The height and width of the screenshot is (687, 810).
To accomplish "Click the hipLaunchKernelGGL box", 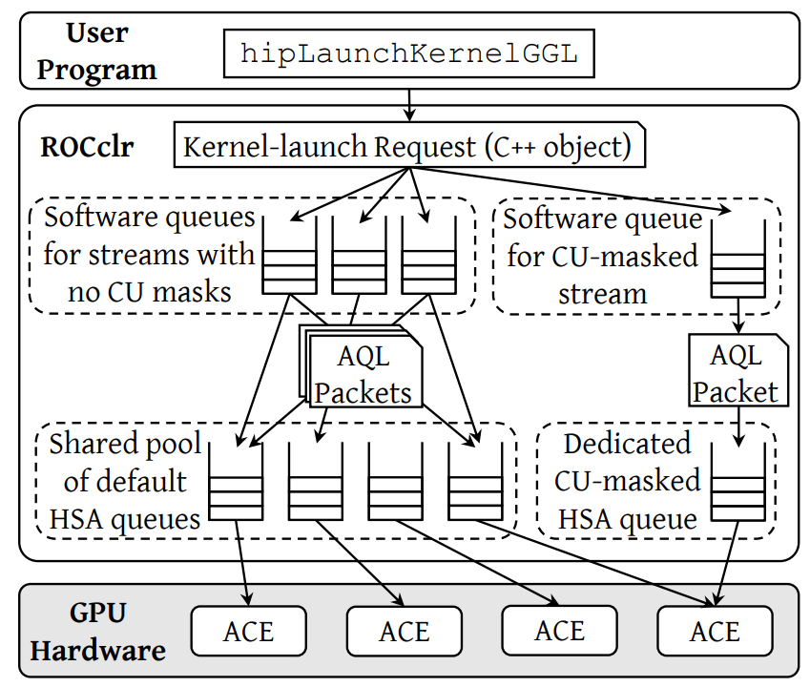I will click(x=409, y=53).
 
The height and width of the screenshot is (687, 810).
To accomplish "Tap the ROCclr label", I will click(x=87, y=148).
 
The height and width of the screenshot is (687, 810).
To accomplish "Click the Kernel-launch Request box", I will click(x=407, y=147).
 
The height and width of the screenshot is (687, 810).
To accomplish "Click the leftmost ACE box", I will click(x=248, y=632).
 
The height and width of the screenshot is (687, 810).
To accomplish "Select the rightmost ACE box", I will click(x=714, y=632).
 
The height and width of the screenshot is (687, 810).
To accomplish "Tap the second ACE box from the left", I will click(x=404, y=632).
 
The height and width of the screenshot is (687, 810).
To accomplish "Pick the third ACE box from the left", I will click(x=559, y=632).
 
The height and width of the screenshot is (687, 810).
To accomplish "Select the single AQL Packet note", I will click(x=735, y=373).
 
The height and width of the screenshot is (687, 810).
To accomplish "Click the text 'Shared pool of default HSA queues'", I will click(x=125, y=481).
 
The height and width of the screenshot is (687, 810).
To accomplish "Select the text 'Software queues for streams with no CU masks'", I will click(x=150, y=254).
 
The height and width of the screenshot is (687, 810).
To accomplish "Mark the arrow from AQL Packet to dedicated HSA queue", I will click(x=737, y=426).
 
